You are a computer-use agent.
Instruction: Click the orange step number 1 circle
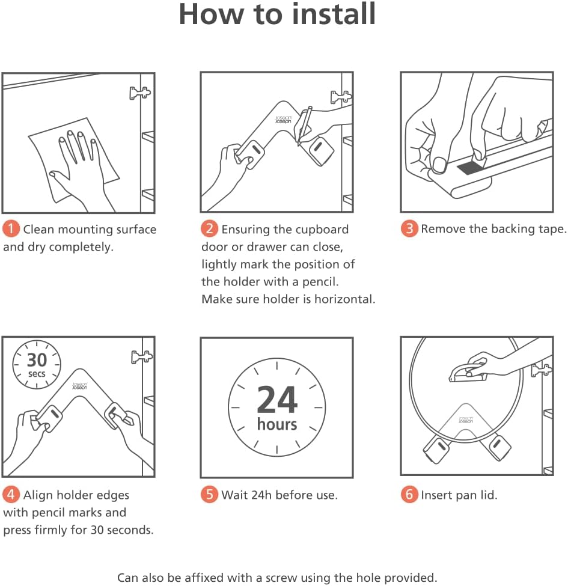(x=11, y=229)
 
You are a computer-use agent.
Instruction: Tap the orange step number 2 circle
(x=209, y=229)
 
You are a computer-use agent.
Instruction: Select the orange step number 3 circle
(x=409, y=229)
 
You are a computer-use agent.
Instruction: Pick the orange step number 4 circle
(x=11, y=495)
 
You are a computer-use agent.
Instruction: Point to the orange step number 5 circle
(x=209, y=495)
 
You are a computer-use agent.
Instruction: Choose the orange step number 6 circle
(x=409, y=495)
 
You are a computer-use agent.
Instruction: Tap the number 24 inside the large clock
(x=277, y=400)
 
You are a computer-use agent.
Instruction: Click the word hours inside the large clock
(x=277, y=424)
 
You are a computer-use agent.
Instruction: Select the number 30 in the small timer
(x=37, y=360)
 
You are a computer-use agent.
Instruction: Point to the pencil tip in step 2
(x=298, y=144)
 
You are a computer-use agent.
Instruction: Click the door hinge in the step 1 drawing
(x=140, y=93)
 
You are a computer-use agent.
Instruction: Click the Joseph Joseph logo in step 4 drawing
(x=79, y=386)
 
